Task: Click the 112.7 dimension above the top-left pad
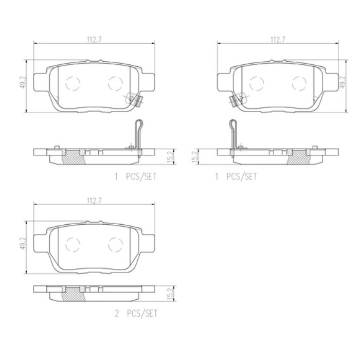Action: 94,40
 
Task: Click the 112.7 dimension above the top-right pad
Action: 278,40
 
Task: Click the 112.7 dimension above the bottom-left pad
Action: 94,201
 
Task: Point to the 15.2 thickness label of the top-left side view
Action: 170,156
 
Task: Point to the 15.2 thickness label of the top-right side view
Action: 195,156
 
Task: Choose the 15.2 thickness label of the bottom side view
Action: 170,294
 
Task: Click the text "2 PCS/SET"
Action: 136,313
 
